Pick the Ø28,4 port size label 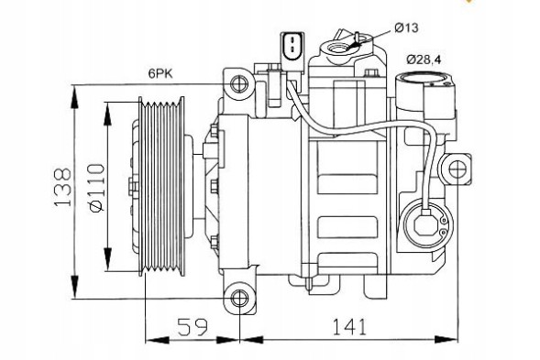pyautogui.click(x=424, y=59)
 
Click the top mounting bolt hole pyautogui.click(x=240, y=85)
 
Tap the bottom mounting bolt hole pyautogui.click(x=240, y=297)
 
